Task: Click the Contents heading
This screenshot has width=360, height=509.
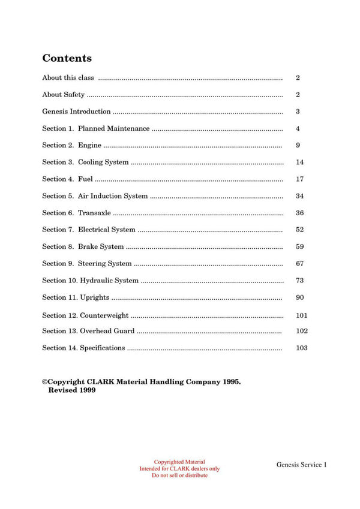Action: [x=67, y=58]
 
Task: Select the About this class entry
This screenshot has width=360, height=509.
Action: [x=68, y=78]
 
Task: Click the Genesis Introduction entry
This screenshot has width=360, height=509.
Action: [x=76, y=112]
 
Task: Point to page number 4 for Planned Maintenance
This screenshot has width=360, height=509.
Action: [x=298, y=129]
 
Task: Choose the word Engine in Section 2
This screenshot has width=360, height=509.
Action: [x=89, y=145]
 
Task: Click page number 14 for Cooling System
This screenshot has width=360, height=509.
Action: [x=300, y=162]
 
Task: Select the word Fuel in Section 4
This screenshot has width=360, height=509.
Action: [x=85, y=179]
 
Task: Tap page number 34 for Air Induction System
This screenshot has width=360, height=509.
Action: [x=300, y=196]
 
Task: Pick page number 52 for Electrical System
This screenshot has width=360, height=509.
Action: [x=300, y=230]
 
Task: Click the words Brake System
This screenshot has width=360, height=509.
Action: [x=101, y=246]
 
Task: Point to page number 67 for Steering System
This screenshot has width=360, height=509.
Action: [x=300, y=263]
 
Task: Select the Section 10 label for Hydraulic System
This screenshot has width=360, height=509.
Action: [x=59, y=281]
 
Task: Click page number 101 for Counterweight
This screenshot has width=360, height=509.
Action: [x=302, y=315]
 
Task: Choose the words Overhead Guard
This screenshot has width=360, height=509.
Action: [x=107, y=331]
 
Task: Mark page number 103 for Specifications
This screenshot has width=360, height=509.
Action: [x=302, y=348]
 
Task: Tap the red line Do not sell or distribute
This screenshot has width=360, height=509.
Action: [x=179, y=475]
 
